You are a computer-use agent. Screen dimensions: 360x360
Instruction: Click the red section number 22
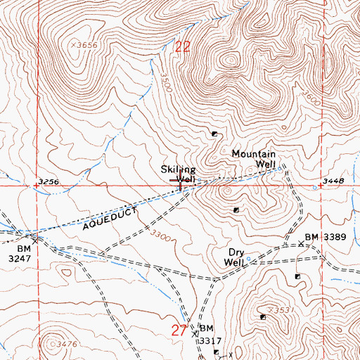coord(183,47)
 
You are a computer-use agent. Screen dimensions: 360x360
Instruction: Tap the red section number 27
coord(180,330)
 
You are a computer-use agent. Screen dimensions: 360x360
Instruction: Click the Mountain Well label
coord(254,159)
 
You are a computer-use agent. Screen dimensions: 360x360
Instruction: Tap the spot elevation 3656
coord(86,45)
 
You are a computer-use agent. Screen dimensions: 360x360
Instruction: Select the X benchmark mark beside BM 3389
coord(300,244)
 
